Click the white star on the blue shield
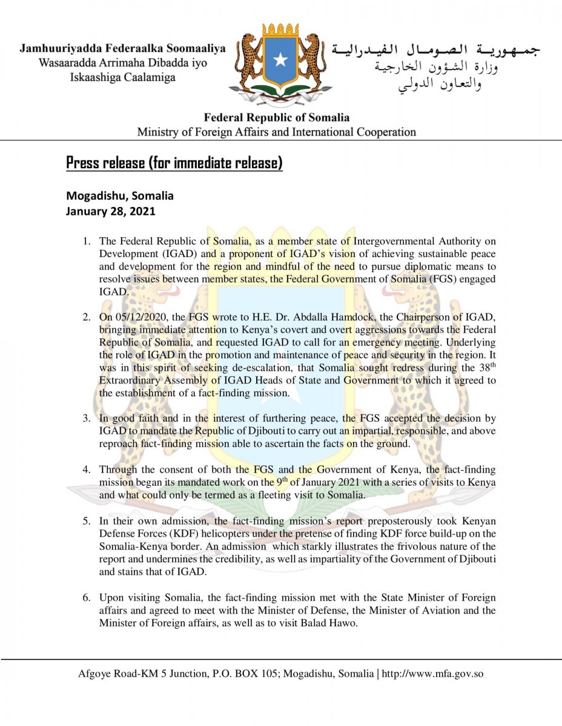click(280, 59)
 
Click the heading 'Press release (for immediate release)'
click(174, 163)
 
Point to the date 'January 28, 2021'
click(110, 212)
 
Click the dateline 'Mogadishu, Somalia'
click(119, 196)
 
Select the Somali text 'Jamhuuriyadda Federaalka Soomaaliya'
click(122, 48)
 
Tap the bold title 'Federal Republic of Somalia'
click(276, 117)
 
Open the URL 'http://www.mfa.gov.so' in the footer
click(433, 673)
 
